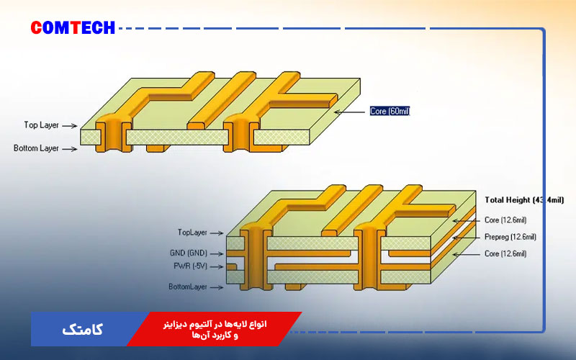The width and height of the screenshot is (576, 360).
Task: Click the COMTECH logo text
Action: (73, 28)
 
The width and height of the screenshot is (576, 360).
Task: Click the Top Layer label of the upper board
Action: (41, 125)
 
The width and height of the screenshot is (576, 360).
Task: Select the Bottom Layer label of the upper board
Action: (36, 149)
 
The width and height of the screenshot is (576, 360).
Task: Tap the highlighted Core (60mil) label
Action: (390, 112)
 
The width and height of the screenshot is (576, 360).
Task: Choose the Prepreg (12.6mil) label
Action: (510, 237)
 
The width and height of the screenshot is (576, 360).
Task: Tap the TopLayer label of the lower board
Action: (192, 233)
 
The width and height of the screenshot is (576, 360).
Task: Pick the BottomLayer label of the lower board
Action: (189, 287)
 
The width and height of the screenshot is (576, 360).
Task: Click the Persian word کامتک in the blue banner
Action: (83, 330)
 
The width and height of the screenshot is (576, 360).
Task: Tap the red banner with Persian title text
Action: (216, 329)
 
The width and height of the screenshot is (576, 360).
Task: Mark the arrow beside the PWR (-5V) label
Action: (217, 266)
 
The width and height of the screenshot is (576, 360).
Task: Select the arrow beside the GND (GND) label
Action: (218, 253)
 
